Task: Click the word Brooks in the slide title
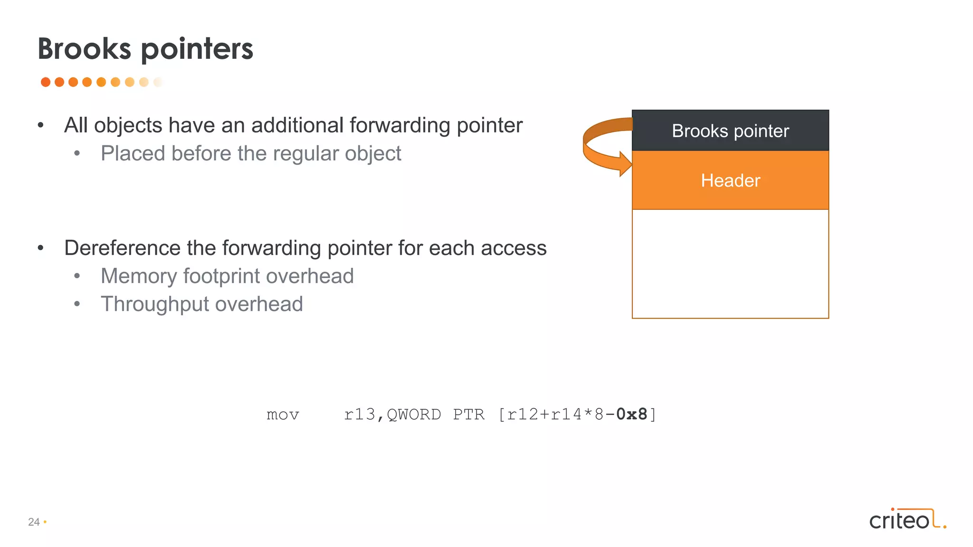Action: (x=84, y=49)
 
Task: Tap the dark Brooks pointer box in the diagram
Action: (x=730, y=131)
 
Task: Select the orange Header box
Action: (x=730, y=180)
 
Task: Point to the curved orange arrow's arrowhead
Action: (x=624, y=164)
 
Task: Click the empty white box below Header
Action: (x=730, y=264)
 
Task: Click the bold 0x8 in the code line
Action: (x=631, y=415)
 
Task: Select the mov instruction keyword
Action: (x=283, y=415)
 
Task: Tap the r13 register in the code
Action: (x=360, y=415)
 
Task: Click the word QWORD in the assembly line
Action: (x=414, y=415)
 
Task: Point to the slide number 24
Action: (x=34, y=522)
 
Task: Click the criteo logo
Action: (x=907, y=519)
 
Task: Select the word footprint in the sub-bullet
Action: (x=228, y=276)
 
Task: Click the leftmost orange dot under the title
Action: (x=46, y=82)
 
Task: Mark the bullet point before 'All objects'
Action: (x=41, y=125)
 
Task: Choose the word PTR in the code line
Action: (x=468, y=415)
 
